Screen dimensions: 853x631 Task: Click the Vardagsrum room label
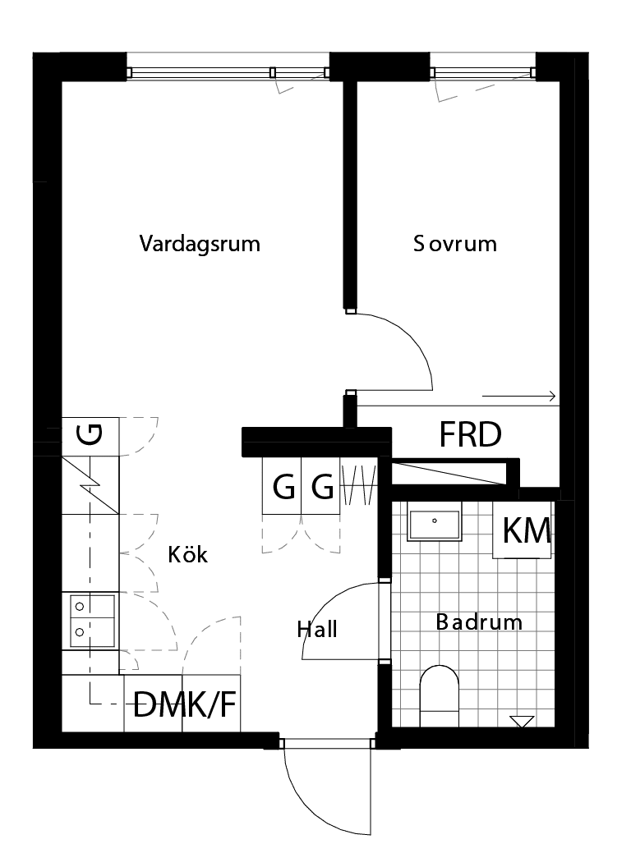(x=200, y=244)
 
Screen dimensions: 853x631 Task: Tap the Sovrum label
(x=455, y=244)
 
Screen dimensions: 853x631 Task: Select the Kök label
(x=188, y=555)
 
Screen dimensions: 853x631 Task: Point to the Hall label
(x=317, y=630)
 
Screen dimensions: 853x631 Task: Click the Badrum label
(x=479, y=621)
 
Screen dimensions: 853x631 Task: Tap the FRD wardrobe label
(x=470, y=434)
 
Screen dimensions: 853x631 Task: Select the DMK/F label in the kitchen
(x=184, y=704)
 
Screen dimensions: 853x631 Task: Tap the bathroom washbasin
(x=435, y=522)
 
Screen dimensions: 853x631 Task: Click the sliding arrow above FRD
(x=518, y=397)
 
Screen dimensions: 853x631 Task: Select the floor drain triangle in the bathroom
(x=521, y=722)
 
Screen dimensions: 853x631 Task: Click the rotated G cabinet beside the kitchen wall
(x=91, y=434)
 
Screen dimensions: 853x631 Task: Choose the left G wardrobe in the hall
(x=282, y=487)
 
